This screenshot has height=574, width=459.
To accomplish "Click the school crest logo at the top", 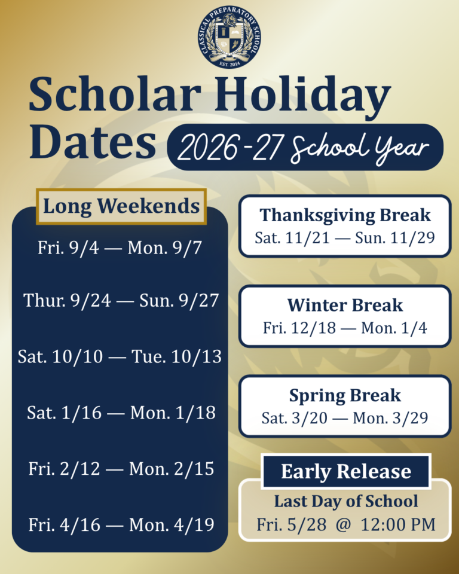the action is coord(229,36).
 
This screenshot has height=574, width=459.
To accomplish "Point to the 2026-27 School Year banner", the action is coord(305,147).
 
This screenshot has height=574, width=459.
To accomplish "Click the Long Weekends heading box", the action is coord(121,206).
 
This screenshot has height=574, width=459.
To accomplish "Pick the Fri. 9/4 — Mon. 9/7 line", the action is coord(120,248).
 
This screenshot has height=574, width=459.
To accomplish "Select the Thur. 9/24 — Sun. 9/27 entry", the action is coord(121,301).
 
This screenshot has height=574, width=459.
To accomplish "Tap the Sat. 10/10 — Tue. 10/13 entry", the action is coord(120,356).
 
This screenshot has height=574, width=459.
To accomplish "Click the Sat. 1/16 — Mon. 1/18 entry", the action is coord(121,413).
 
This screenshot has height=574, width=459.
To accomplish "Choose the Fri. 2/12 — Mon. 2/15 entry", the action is coord(121,469).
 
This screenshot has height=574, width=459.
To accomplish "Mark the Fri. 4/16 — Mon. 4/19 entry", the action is coord(121,524).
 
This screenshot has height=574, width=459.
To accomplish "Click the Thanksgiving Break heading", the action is coord(345,215).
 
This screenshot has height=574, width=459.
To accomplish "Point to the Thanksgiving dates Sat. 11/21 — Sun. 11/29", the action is coord(345,237).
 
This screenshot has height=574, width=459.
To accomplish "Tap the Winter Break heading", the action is coord(345,306).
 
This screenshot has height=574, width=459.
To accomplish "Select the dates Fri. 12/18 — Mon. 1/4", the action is coord(345,328).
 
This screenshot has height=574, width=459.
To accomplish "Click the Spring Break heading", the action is coord(345,396).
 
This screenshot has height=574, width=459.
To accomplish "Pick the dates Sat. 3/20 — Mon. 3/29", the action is coord(345,418).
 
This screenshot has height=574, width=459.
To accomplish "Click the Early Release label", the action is coord(346,471).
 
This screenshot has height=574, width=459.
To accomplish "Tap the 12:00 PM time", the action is coord(398,524).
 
